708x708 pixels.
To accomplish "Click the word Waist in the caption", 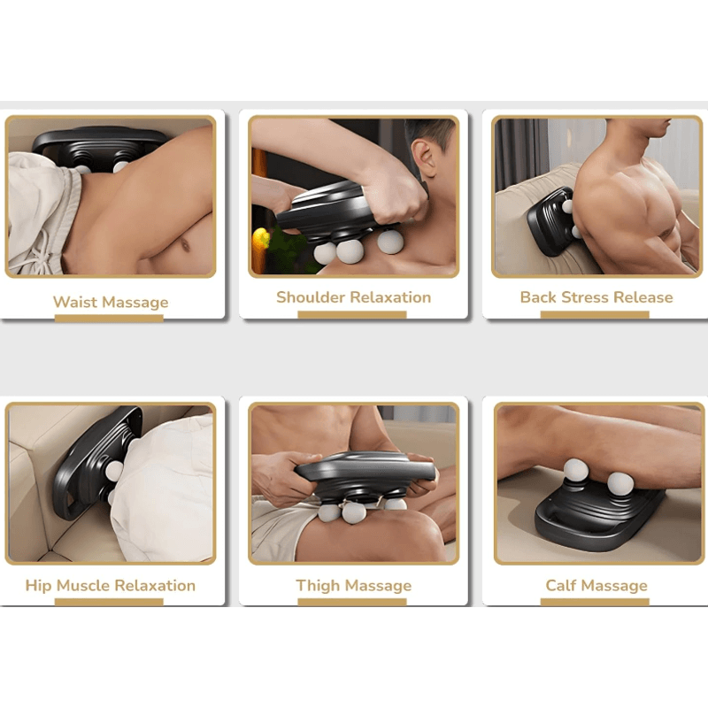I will point(73,303).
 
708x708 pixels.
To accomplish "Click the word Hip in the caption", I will point(38,586).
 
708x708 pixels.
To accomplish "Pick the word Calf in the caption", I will point(562,586).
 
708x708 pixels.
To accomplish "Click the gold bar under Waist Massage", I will point(109,318).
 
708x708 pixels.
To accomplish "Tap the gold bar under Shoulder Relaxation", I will point(352,313).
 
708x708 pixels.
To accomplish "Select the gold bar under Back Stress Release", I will point(595,313).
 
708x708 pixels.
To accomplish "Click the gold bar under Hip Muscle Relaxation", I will point(109,602).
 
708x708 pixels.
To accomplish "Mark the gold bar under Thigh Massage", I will point(352,602).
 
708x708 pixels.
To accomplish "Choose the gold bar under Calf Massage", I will point(595,602).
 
